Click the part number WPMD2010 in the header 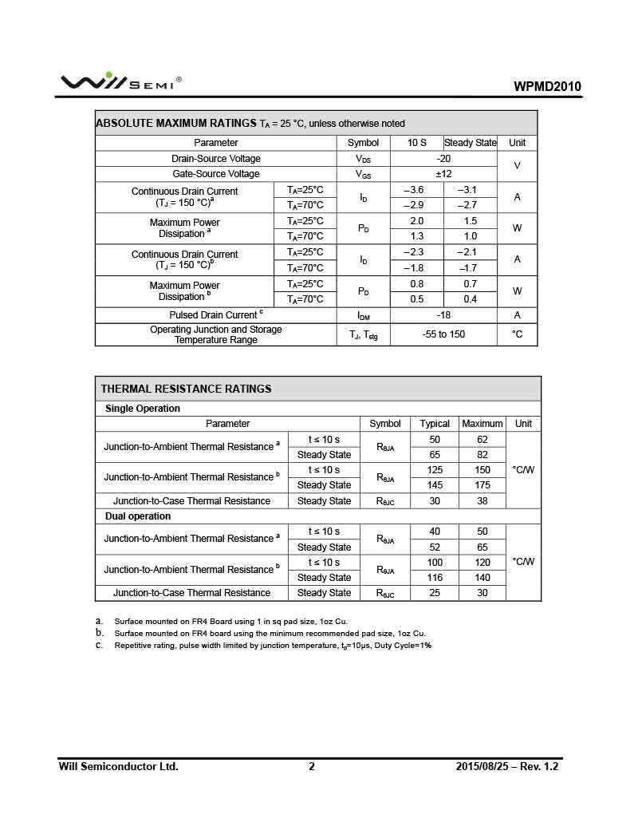547,87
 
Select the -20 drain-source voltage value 443,159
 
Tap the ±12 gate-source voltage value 443,174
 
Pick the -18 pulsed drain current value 443,315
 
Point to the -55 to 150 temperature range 443,334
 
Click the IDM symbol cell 363,316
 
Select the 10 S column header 416,143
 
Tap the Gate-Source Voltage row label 216,174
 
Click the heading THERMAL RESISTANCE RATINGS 186,389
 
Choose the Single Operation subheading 143,409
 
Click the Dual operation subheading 138,516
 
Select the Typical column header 435,424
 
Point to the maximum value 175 482,485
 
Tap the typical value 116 435,578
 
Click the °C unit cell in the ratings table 517,334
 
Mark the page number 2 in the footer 312,767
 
